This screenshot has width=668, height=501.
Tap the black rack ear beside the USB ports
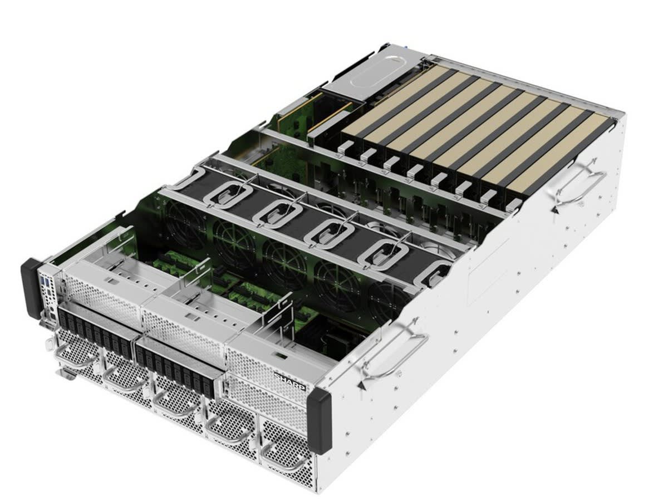(31, 288)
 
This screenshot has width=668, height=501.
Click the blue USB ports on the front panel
(45, 281)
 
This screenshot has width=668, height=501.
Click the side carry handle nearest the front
(392, 353)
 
